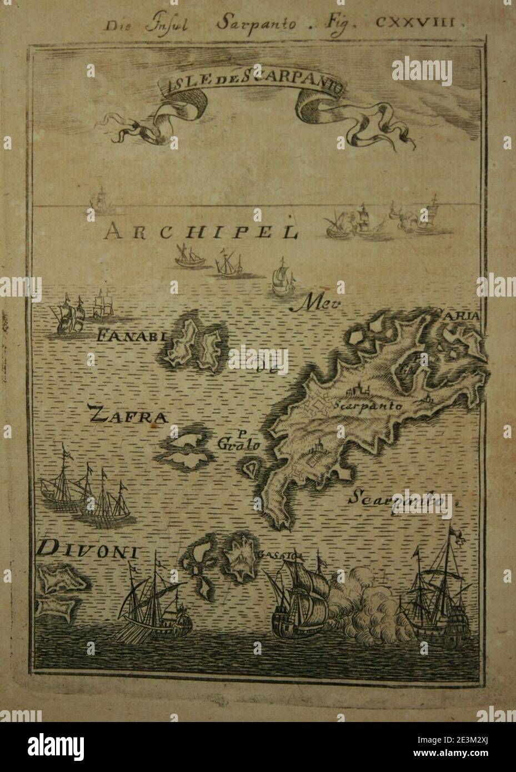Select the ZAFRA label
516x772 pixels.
click(128, 414)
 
